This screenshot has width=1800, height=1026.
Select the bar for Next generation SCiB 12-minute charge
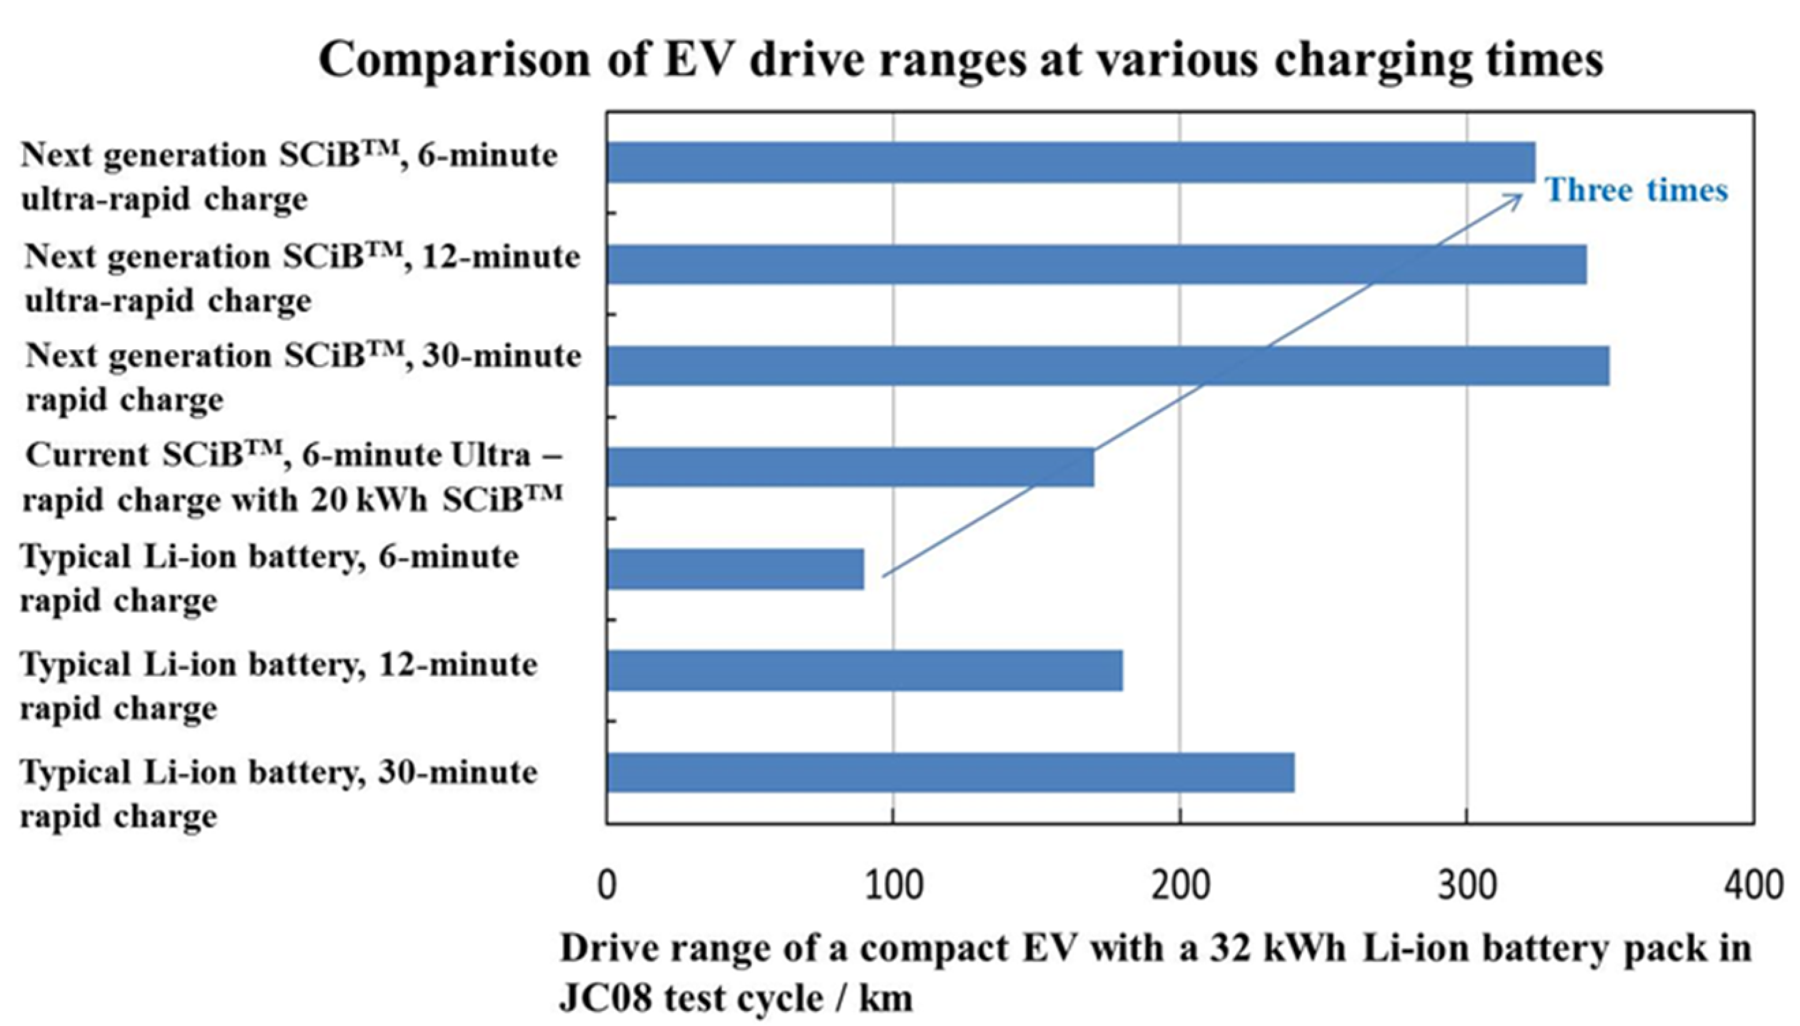[x=1096, y=264]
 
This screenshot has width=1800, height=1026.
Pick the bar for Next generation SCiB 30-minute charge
[x=1106, y=365]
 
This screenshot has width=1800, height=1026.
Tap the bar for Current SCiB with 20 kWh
[x=849, y=467]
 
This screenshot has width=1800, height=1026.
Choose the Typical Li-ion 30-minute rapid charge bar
[x=950, y=772]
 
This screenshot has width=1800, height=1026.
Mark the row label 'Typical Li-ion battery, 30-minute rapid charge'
[x=278, y=794]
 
